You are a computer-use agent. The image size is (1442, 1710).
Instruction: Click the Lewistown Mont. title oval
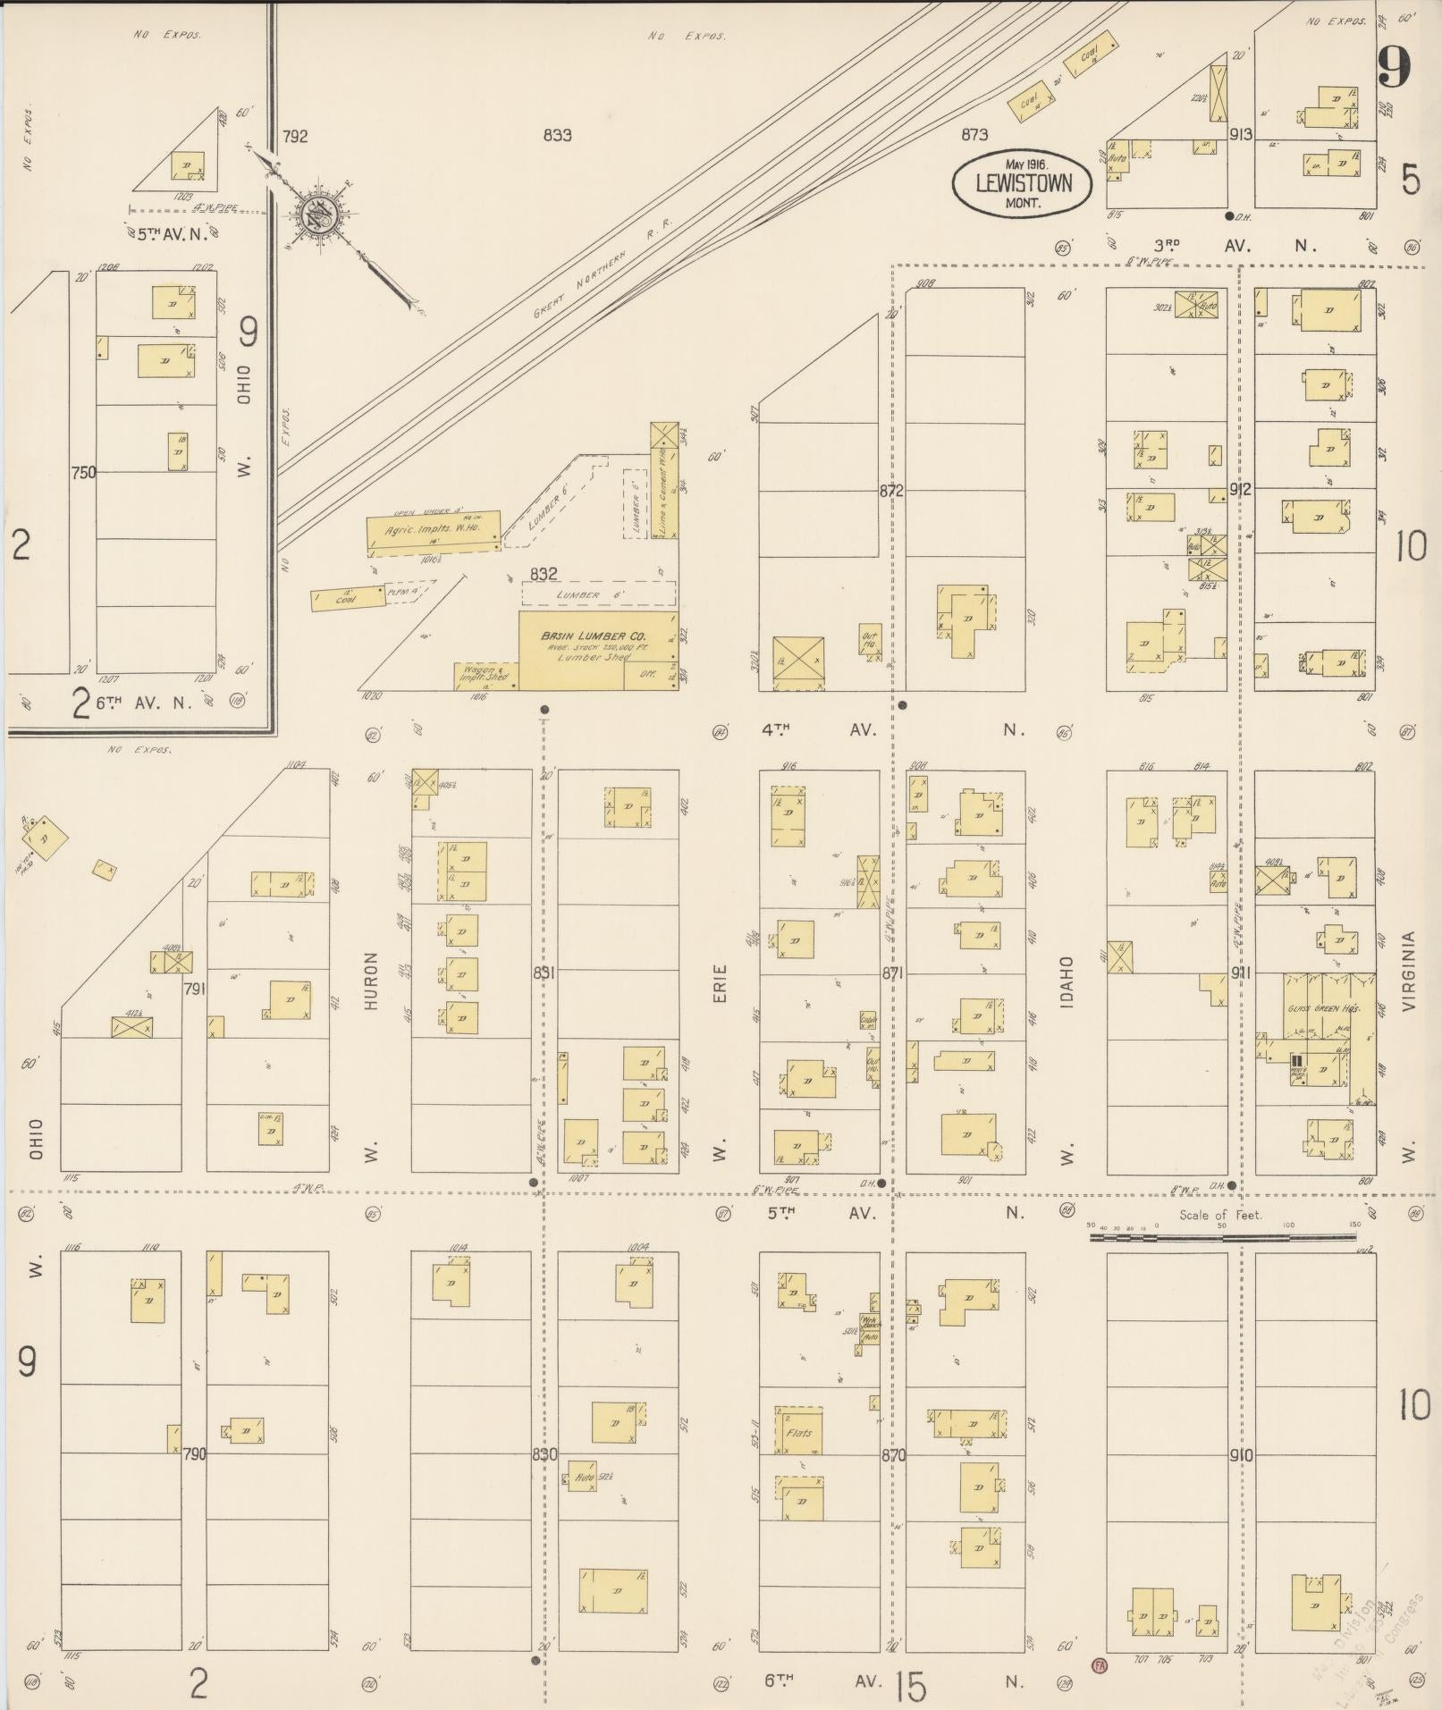(1023, 184)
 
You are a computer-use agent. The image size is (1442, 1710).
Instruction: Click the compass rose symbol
(316, 215)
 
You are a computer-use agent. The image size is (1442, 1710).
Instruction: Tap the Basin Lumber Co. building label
(594, 636)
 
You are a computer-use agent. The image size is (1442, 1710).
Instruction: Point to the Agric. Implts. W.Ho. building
(434, 530)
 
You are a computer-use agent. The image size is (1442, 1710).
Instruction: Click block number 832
(544, 574)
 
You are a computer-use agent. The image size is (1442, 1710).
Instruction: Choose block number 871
(892, 973)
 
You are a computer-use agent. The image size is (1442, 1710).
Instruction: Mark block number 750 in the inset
(83, 473)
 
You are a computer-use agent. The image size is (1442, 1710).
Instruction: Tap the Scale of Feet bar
(1221, 1238)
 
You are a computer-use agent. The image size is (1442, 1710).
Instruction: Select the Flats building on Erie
(798, 1434)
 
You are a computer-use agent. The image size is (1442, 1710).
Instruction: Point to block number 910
(1240, 1455)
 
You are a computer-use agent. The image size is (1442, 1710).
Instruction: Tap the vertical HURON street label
(372, 981)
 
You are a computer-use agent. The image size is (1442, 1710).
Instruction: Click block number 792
(295, 137)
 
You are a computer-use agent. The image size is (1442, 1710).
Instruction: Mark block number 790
(194, 1454)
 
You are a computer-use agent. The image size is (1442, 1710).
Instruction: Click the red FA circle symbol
(1099, 1665)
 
